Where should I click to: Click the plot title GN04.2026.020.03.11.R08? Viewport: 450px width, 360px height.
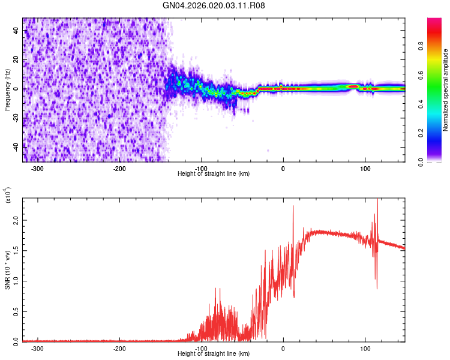(214, 5)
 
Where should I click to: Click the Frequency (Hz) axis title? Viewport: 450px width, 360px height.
(7, 89)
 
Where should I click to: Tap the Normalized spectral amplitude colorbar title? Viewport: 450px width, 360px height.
(446, 90)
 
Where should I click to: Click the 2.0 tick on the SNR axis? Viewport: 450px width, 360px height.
(16, 221)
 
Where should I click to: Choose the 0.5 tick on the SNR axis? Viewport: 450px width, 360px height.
(16, 311)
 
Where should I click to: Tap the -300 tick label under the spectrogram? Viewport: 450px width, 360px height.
(37, 167)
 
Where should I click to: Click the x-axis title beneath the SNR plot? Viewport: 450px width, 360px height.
(214, 354)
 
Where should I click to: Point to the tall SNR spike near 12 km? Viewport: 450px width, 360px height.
(293, 208)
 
